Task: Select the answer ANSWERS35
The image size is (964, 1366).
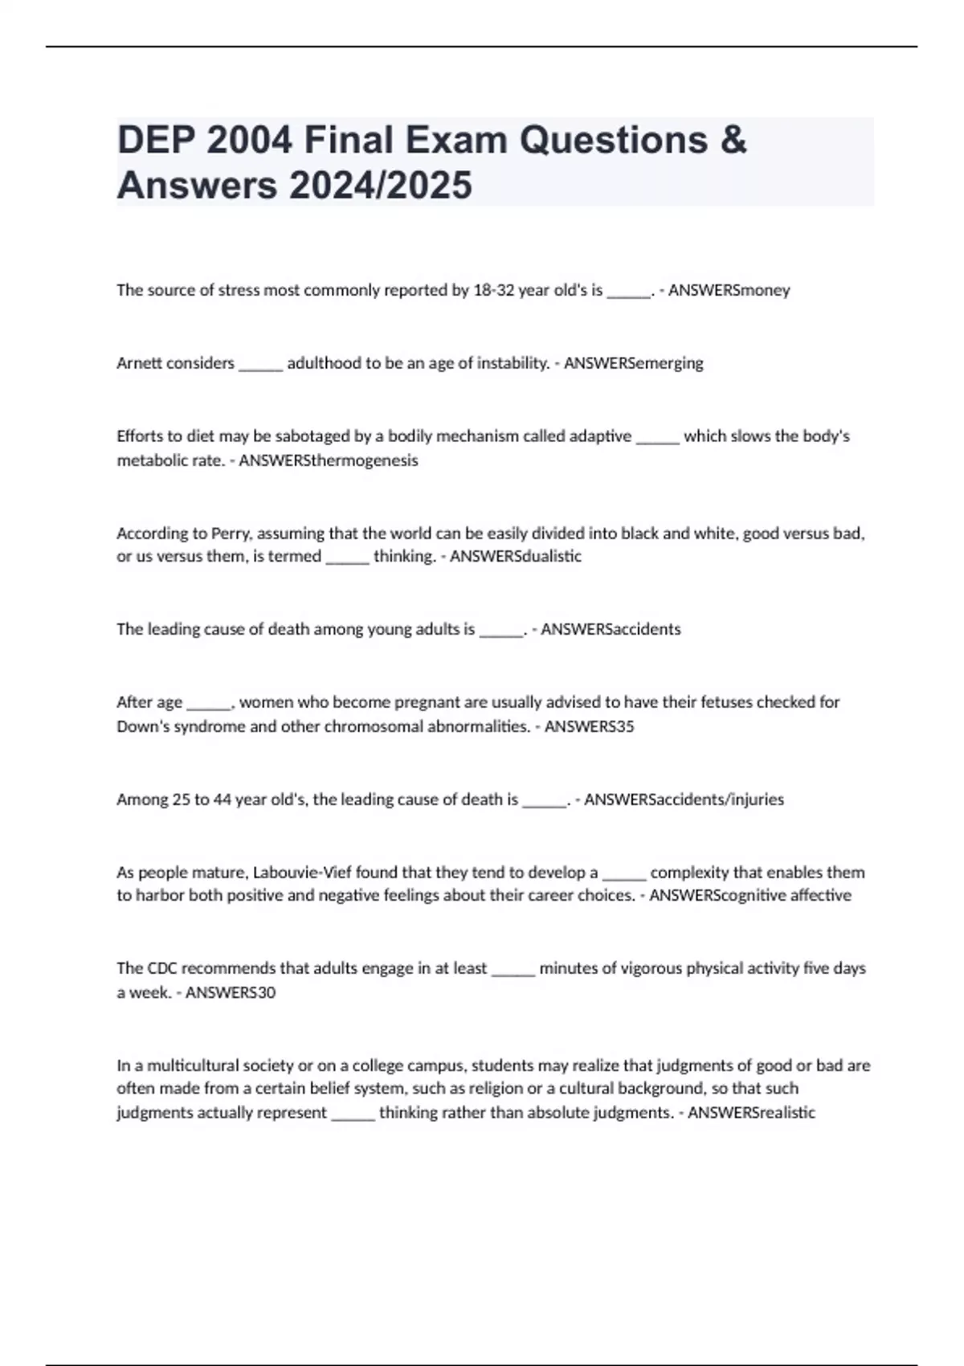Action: tap(589, 726)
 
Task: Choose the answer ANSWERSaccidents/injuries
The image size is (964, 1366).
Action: tap(684, 800)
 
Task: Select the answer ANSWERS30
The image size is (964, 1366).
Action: tap(230, 992)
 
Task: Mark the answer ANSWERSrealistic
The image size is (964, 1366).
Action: tap(751, 1113)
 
